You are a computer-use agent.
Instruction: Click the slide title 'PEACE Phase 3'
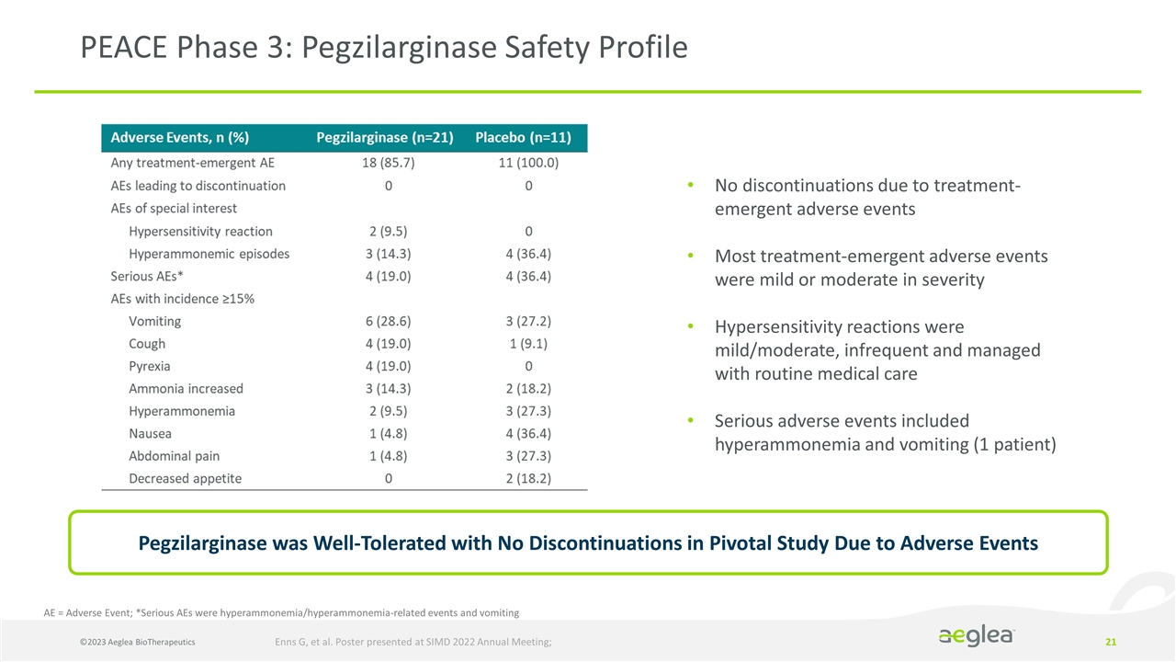(x=383, y=47)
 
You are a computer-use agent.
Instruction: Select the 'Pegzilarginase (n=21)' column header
(x=385, y=138)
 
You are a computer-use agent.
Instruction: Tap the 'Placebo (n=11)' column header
(x=523, y=138)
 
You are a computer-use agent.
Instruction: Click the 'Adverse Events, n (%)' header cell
(x=180, y=138)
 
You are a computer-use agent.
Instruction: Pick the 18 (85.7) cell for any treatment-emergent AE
(x=388, y=164)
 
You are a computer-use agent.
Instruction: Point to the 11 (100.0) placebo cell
(x=527, y=164)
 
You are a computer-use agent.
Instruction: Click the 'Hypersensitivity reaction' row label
(x=200, y=232)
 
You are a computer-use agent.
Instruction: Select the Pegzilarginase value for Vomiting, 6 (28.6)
(x=388, y=322)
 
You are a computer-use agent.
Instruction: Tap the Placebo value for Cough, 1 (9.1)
(x=527, y=344)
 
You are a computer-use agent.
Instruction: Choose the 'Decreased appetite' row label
(x=186, y=478)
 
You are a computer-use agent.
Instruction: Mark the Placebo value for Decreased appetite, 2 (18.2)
(x=527, y=478)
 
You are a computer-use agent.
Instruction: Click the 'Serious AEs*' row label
(x=141, y=276)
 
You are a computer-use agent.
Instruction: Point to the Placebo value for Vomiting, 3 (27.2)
(x=527, y=322)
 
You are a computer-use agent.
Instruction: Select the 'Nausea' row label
(x=150, y=433)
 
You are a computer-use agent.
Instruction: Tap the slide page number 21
(x=1111, y=641)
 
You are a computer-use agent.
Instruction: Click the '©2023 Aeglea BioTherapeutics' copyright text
(x=129, y=641)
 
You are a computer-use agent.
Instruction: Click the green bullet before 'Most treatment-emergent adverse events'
(x=691, y=257)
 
